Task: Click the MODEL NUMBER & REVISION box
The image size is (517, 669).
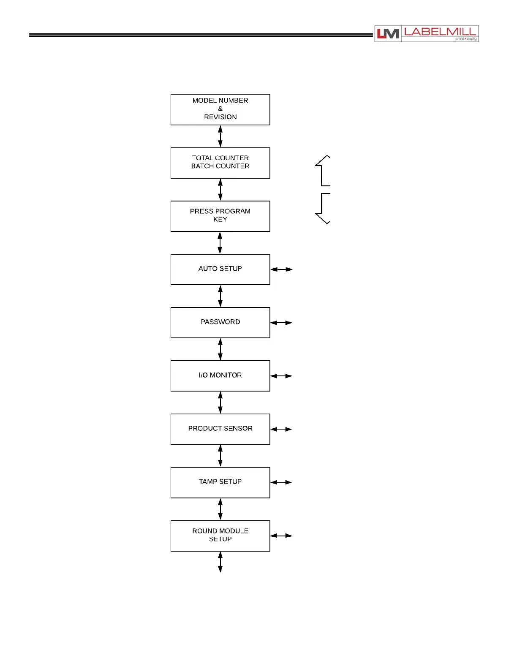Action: [x=220, y=109]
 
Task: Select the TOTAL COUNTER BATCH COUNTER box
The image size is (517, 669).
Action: [x=220, y=163]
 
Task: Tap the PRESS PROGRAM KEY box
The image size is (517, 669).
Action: [x=220, y=216]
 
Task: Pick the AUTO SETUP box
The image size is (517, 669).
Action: [x=220, y=269]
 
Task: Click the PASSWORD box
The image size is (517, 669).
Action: [x=220, y=322]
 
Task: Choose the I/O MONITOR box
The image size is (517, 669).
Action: [x=220, y=375]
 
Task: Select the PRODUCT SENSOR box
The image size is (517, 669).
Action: [x=220, y=429]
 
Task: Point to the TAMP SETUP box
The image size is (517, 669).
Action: [x=220, y=482]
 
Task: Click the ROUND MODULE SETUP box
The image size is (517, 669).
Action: [x=220, y=536]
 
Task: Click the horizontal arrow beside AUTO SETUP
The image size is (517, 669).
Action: [x=281, y=269]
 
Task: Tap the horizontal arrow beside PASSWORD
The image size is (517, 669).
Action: [x=281, y=323]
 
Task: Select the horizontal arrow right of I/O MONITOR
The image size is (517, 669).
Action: [x=281, y=376]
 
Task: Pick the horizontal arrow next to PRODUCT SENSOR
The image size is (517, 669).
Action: [x=281, y=429]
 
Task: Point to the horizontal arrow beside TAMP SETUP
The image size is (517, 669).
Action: [x=281, y=482]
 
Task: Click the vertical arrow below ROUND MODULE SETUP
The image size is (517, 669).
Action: [x=220, y=562]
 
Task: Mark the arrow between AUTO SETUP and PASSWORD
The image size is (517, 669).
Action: [x=220, y=296]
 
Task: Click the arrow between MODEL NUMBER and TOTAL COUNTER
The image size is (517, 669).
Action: [x=220, y=136]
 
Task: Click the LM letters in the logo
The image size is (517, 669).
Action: [x=388, y=34]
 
